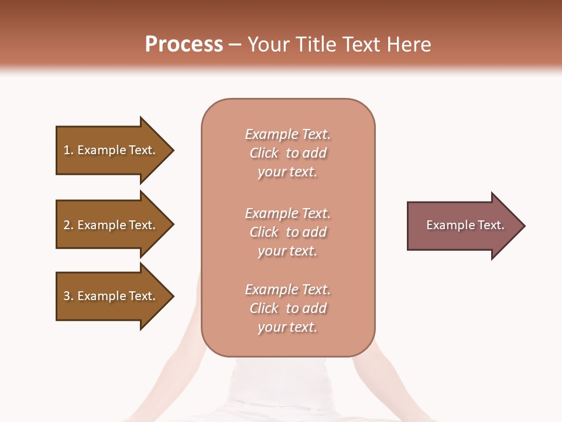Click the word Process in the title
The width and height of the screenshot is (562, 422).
pos(184,45)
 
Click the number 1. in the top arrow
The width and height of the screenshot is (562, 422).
pos(68,150)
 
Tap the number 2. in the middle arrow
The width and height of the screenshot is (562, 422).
pos(68,225)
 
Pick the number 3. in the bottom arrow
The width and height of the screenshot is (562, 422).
pos(68,296)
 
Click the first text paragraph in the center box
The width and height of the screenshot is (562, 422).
pos(287,153)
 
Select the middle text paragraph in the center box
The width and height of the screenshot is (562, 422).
pos(287,232)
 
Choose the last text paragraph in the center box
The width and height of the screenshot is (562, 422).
pos(287,308)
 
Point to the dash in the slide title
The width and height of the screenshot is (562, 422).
pos(235,45)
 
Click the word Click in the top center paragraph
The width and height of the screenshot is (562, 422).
pos(264,153)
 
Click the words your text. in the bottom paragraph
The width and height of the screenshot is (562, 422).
pos(287,328)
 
